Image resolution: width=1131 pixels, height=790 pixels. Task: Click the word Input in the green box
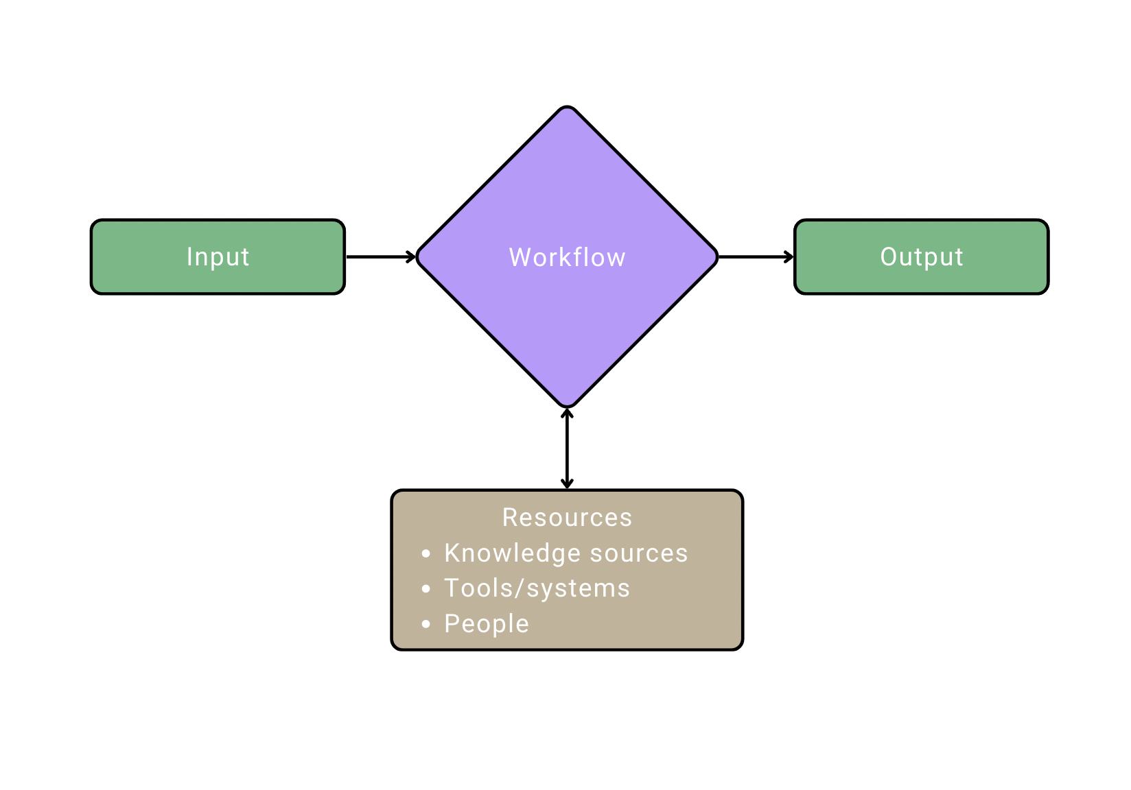(x=218, y=257)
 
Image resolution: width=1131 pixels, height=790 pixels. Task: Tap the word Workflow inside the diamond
(x=567, y=257)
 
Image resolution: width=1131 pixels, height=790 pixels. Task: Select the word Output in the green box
(x=921, y=257)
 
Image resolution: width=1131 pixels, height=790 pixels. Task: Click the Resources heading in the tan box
(x=567, y=517)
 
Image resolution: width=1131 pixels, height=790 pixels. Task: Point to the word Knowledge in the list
(x=512, y=553)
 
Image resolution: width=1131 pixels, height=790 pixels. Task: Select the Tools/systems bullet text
(x=537, y=588)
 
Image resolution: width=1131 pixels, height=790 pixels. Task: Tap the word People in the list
(x=487, y=624)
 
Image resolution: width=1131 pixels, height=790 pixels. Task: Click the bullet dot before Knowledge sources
(x=426, y=553)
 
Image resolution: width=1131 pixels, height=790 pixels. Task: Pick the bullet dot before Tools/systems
(x=426, y=588)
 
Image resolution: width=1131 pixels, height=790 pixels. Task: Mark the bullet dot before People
(x=426, y=624)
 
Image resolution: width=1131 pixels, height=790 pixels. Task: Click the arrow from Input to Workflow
(x=380, y=257)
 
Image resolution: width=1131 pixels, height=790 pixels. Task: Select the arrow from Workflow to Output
(x=755, y=257)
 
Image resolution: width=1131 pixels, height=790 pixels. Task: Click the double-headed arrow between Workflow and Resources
(x=567, y=449)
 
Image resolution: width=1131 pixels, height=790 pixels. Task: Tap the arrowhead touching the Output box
(x=789, y=257)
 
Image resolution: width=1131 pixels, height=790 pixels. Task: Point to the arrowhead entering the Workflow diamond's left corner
(x=411, y=257)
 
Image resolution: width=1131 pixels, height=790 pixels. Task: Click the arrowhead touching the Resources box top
(x=567, y=484)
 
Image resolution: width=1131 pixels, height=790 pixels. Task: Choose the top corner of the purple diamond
(x=567, y=108)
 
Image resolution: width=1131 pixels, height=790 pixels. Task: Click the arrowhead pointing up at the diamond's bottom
(x=567, y=414)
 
